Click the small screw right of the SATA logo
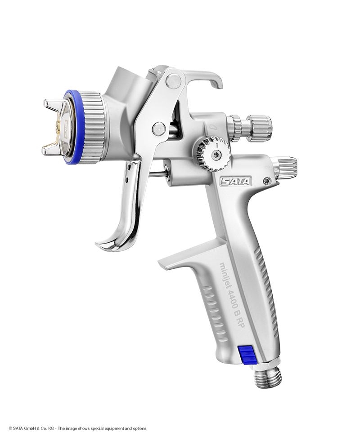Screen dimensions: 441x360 coord(268,181)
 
